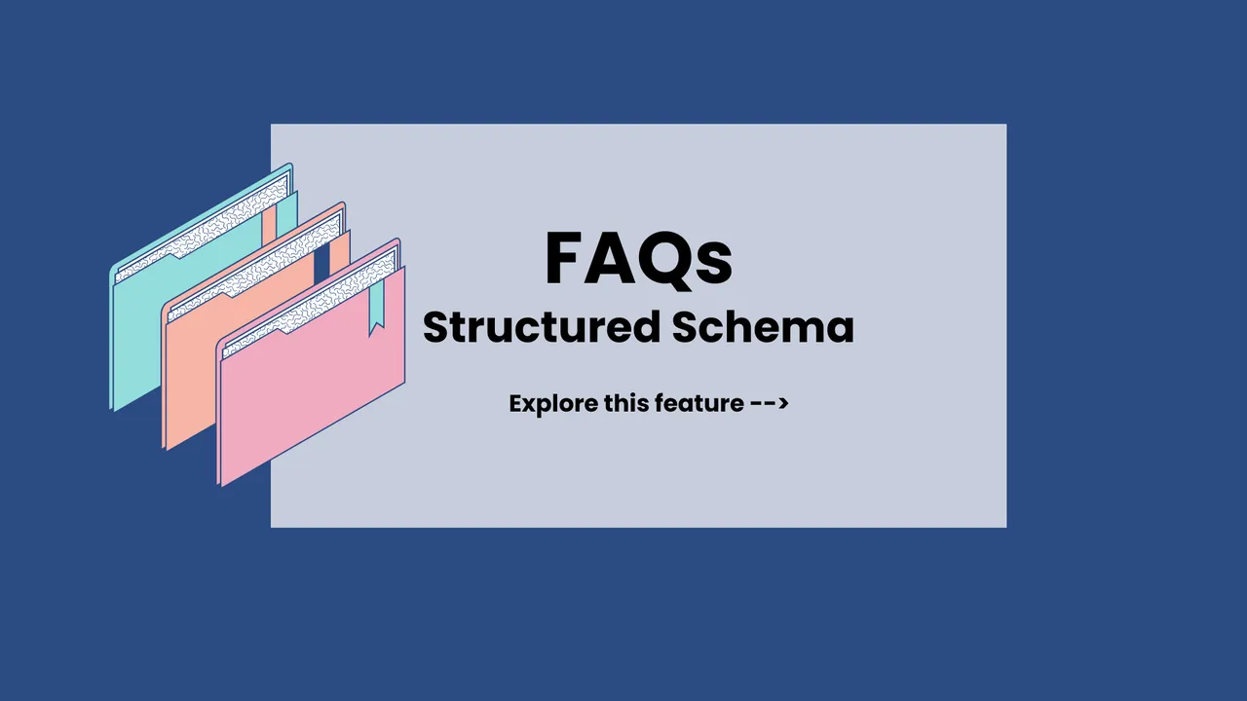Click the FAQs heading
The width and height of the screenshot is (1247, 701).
[638, 260]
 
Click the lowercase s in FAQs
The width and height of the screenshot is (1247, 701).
[714, 265]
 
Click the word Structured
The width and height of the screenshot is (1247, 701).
[542, 327]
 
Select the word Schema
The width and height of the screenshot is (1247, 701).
[763, 327]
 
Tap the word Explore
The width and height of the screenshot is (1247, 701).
[553, 404]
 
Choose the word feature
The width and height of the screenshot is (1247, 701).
[699, 403]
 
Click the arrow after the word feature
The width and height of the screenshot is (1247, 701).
[770, 403]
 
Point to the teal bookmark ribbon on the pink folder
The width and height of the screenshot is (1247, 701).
[376, 308]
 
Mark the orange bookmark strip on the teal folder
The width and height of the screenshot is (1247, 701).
[270, 224]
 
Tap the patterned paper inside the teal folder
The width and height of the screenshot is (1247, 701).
[204, 229]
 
